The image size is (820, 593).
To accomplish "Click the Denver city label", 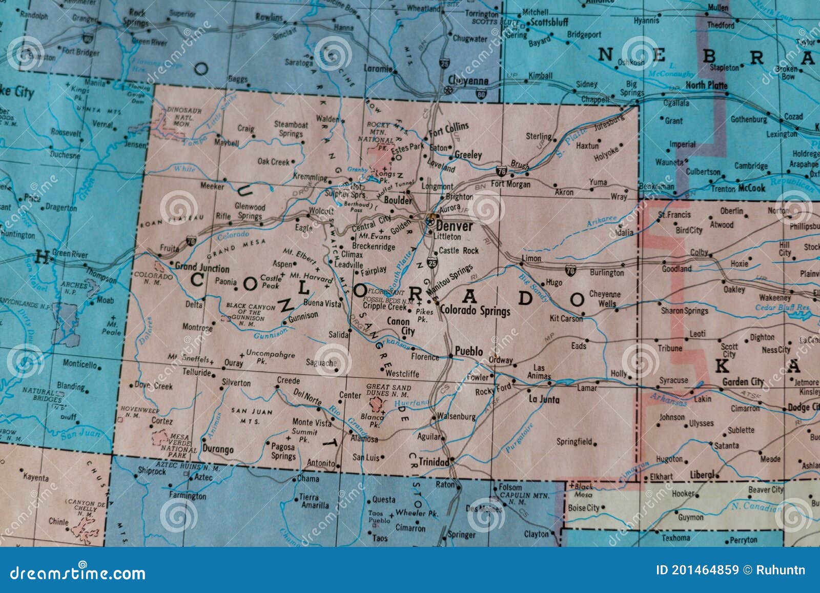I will coord(455,226).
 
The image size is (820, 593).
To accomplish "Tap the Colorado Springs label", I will coord(475,311).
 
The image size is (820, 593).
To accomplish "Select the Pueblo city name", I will coord(469,352).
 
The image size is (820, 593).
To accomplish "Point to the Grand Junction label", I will coord(202,267).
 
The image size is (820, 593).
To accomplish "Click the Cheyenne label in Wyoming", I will coord(468,80).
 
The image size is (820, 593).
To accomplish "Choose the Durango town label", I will coord(218,449).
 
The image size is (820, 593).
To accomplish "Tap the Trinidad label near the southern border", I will coord(434,462).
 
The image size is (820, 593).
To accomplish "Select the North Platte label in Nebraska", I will coord(706,85).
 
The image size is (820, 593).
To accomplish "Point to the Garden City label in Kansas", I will coord(743,382).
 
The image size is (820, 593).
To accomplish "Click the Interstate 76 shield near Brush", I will coord(501,170).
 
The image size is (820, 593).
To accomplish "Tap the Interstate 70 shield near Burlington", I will coord(570,270).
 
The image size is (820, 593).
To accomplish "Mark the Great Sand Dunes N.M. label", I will coord(387,391).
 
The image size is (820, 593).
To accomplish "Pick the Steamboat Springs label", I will coord(291,129).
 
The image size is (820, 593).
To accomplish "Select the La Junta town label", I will coord(544,399).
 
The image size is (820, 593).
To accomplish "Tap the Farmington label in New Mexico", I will coord(188,496).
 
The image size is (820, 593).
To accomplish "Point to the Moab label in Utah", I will coord(105,300).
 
